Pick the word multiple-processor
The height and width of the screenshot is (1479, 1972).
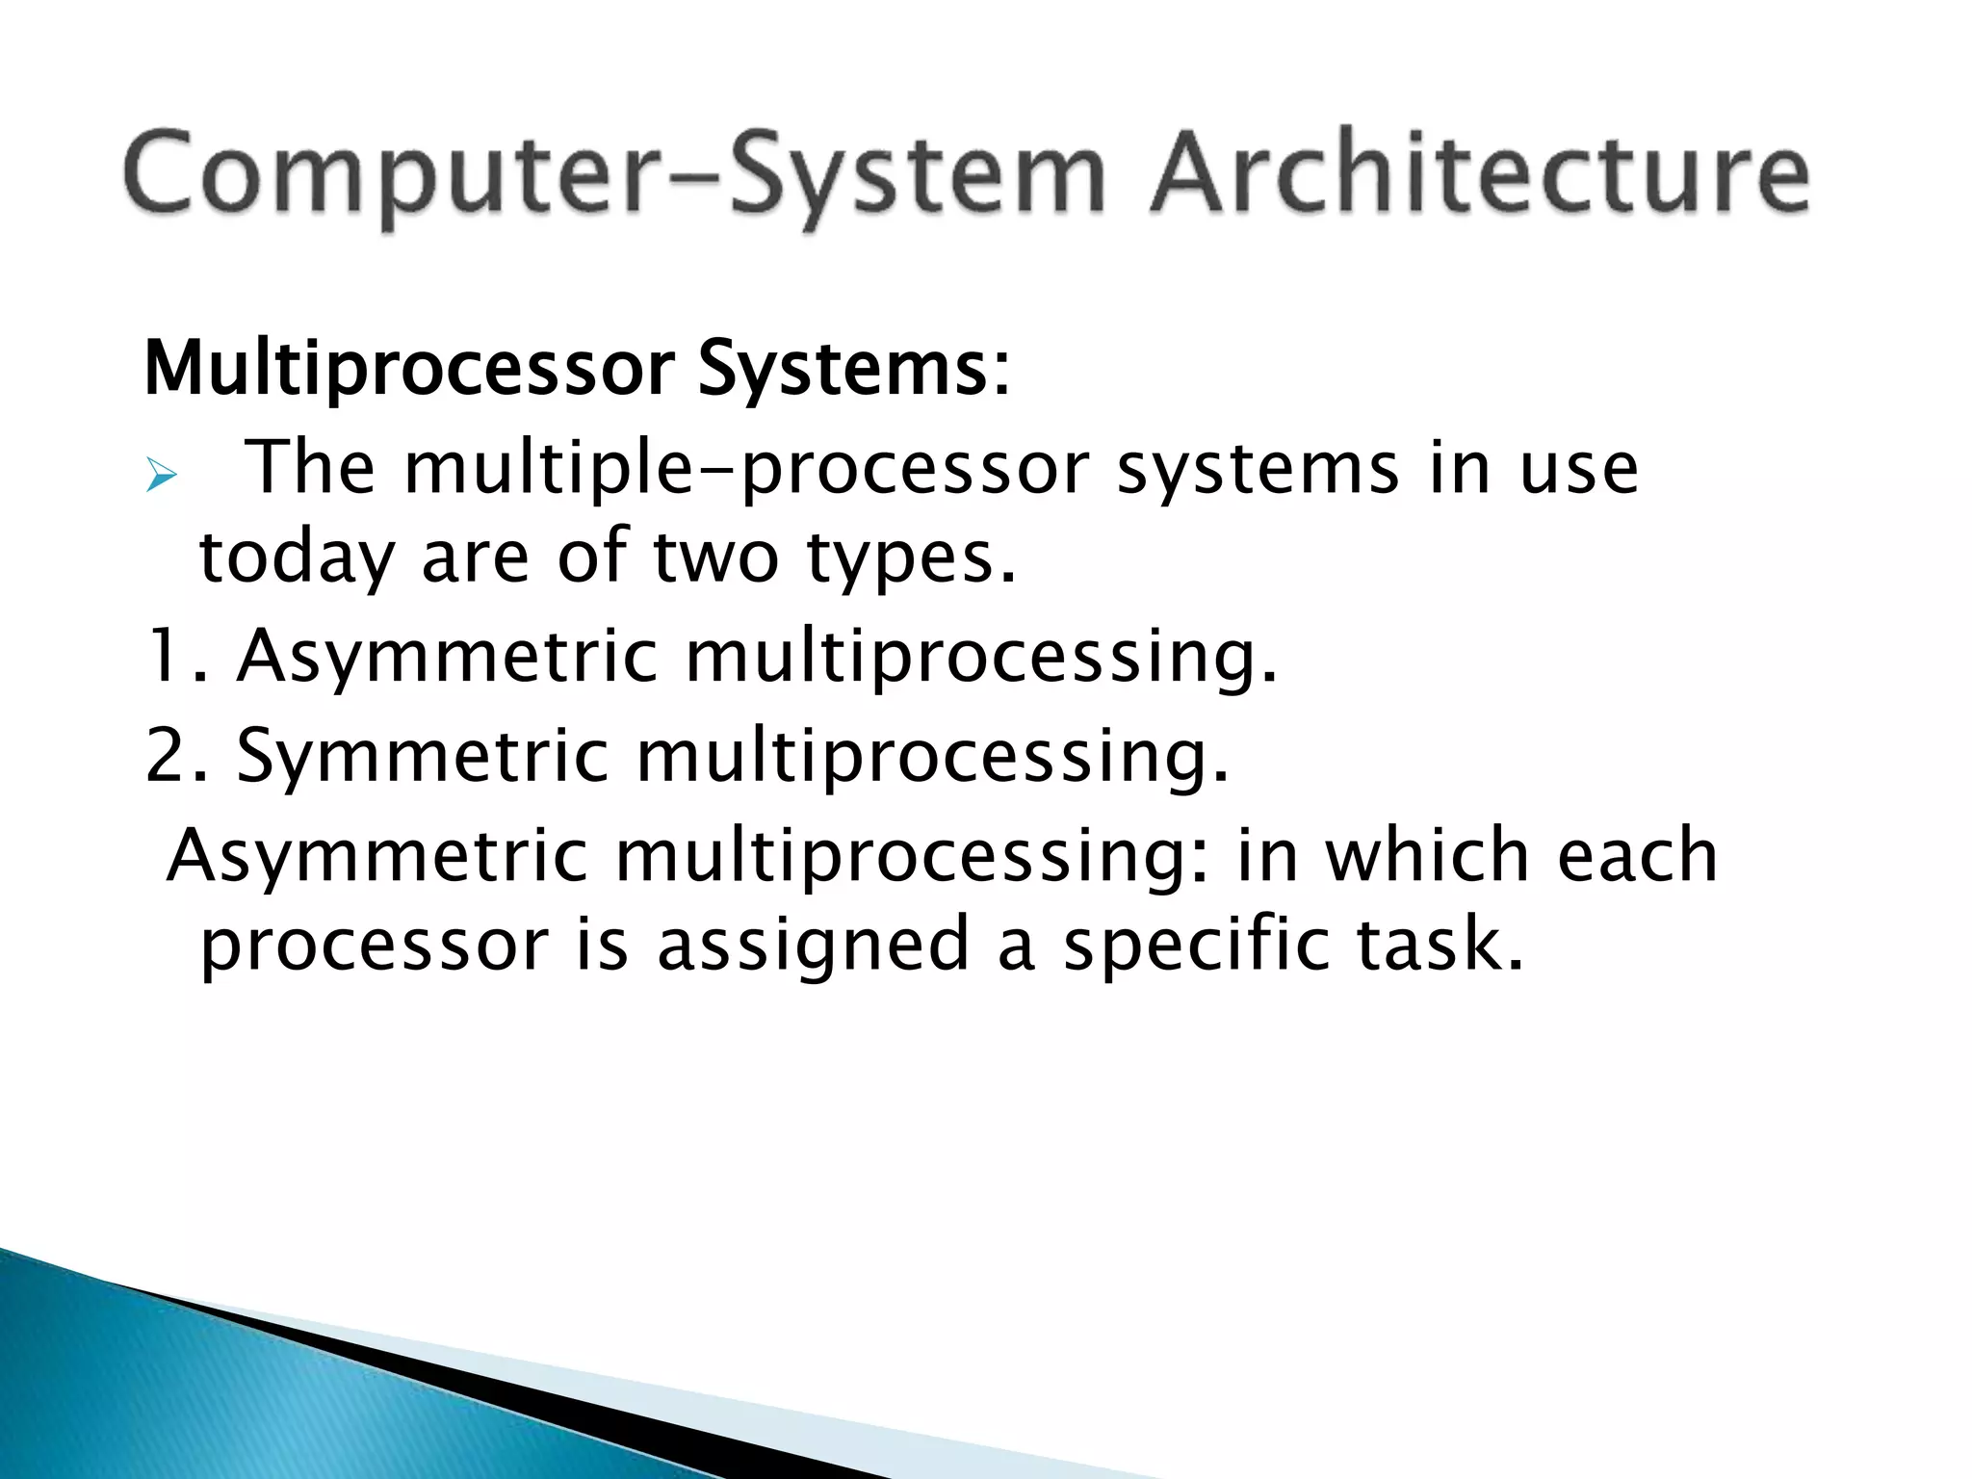[745, 470]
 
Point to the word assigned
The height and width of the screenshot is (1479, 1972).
[814, 947]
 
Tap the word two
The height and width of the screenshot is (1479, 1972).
[715, 558]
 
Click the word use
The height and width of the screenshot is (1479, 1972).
[1578, 470]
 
